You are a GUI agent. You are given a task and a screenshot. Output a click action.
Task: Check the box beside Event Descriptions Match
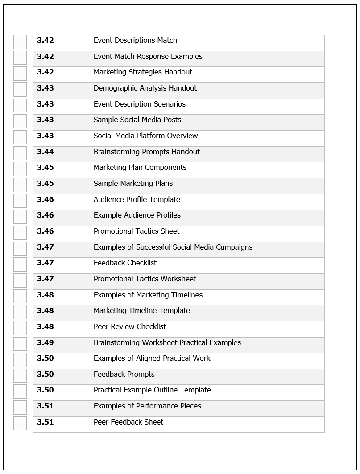[20, 42]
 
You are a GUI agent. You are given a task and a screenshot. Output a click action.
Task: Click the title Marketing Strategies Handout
[143, 72]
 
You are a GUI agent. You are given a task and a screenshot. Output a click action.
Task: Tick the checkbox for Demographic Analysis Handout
[20, 90]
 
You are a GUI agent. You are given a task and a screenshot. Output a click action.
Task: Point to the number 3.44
[45, 152]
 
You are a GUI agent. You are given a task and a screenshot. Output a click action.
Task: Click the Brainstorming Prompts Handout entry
[146, 152]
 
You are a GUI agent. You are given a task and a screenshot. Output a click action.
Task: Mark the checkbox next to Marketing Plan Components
[20, 169]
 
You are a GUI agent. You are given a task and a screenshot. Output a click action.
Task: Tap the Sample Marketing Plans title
[133, 184]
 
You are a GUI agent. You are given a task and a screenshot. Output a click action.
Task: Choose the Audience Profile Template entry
[137, 200]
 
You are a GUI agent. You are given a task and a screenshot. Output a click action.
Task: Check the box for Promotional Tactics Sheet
[20, 233]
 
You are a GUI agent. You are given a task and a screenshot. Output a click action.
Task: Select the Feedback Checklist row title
[125, 263]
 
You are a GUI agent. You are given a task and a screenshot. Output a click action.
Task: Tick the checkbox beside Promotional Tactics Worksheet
[20, 280]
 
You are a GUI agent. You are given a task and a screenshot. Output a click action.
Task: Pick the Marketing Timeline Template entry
[141, 311]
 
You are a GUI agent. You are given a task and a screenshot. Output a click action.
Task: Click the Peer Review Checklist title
[129, 327]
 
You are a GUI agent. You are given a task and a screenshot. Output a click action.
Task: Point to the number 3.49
[45, 343]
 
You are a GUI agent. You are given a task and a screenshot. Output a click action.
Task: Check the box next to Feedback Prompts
[20, 376]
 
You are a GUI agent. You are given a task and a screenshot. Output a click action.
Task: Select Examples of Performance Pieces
[147, 406]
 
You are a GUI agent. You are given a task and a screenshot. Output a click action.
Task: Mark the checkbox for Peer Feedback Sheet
[20, 423]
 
